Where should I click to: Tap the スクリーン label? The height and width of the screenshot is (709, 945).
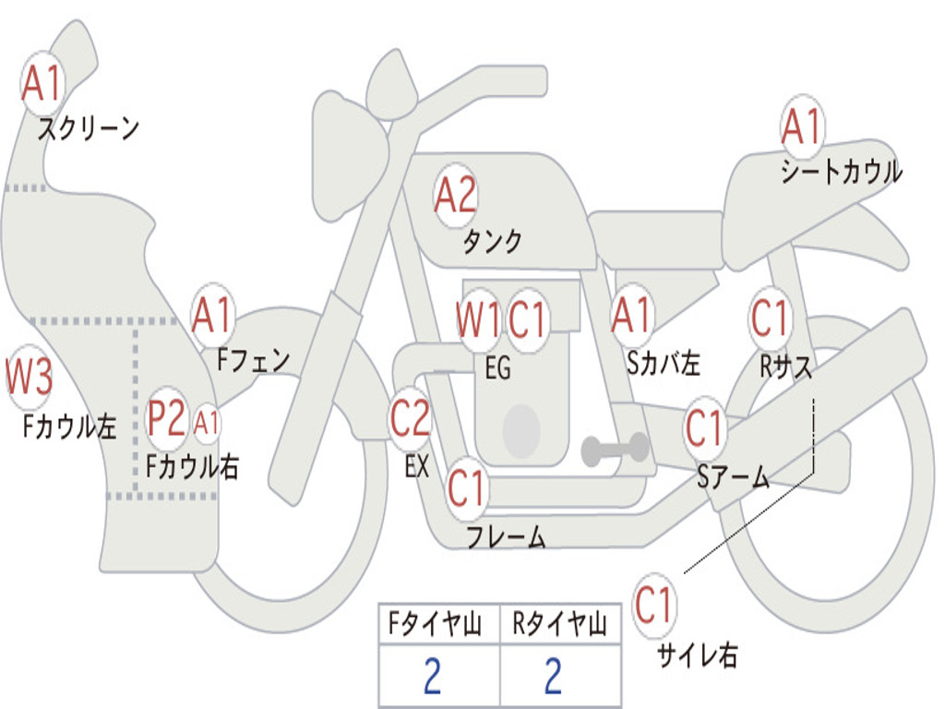pyautogui.click(x=89, y=128)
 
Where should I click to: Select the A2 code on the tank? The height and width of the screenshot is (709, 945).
pyautogui.click(x=456, y=196)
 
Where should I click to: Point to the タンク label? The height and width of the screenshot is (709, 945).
pyautogui.click(x=492, y=242)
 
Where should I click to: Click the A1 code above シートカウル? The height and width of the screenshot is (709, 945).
pyautogui.click(x=801, y=126)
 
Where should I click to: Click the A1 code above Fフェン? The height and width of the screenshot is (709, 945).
pyautogui.click(x=212, y=316)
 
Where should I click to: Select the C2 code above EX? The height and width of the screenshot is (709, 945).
pyautogui.click(x=410, y=418)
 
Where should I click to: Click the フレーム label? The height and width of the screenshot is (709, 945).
pyautogui.click(x=505, y=536)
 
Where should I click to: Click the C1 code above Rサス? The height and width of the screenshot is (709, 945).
pyautogui.click(x=770, y=318)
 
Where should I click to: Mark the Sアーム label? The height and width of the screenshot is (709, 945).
pyautogui.click(x=734, y=477)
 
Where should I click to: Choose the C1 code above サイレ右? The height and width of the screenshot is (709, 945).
pyautogui.click(x=655, y=606)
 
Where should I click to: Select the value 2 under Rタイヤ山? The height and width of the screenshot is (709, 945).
pyautogui.click(x=553, y=678)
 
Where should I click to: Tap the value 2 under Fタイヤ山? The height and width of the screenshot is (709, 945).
pyautogui.click(x=432, y=678)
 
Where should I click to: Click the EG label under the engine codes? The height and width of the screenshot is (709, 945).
pyautogui.click(x=497, y=368)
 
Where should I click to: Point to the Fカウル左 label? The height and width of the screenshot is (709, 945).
pyautogui.click(x=70, y=426)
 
